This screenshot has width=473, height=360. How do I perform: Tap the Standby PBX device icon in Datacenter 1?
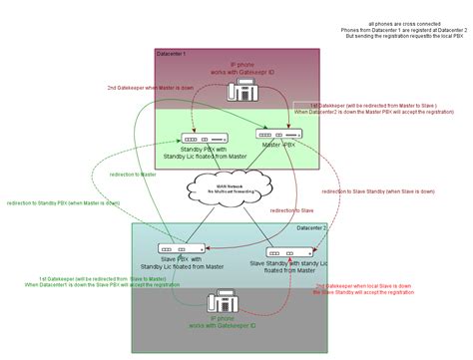[x=204, y=139]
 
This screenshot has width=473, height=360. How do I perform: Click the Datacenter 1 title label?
[x=172, y=52]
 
